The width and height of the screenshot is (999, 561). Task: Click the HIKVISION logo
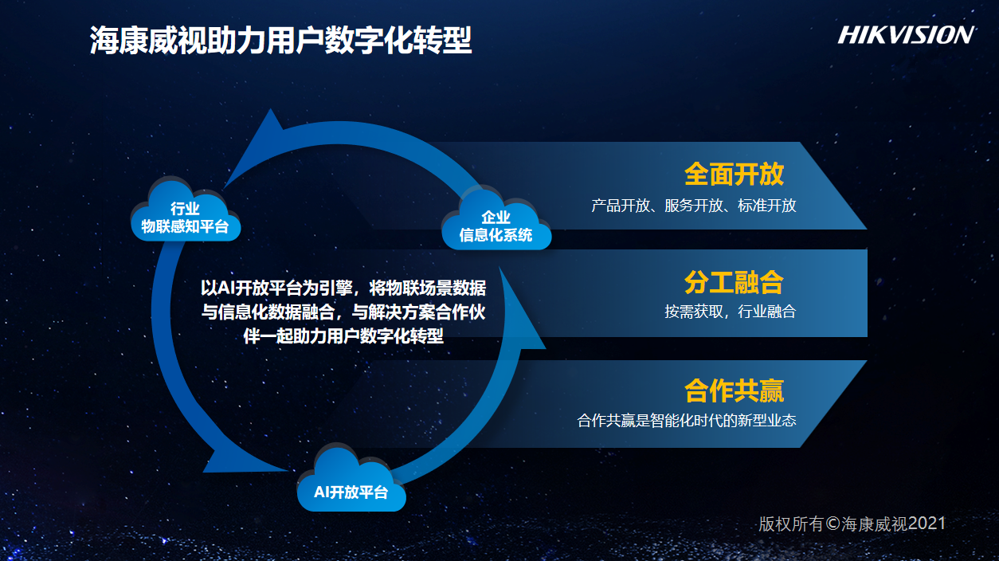[x=906, y=35]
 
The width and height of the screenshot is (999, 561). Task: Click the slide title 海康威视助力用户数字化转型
[x=281, y=40]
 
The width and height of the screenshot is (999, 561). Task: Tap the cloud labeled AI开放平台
[x=351, y=480]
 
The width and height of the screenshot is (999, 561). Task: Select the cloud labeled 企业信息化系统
[x=496, y=219]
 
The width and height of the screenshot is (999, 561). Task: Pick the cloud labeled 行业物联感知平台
[x=186, y=210]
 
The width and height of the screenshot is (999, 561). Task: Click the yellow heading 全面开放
[x=734, y=174]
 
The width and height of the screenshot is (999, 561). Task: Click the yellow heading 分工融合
[x=734, y=282]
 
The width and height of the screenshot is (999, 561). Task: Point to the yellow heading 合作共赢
[x=734, y=390]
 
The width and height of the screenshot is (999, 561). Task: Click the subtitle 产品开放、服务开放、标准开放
[x=694, y=206]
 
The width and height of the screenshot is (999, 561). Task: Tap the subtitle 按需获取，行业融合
[x=730, y=312]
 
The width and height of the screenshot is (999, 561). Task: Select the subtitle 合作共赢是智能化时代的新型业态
[x=687, y=420]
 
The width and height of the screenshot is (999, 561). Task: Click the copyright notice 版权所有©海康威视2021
[x=852, y=524]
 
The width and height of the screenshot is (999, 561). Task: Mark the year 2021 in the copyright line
[x=927, y=523]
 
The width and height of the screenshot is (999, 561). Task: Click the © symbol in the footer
[x=833, y=524]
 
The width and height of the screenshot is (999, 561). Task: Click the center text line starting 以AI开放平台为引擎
[x=343, y=288]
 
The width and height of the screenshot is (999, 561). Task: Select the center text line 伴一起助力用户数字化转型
[x=343, y=335]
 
